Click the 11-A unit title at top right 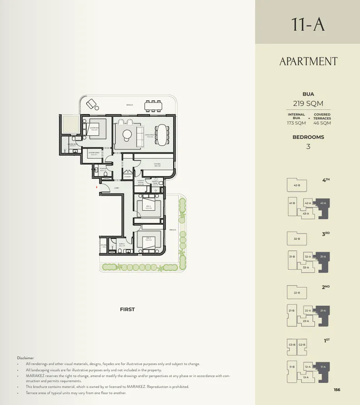(x=308, y=24)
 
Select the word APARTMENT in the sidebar (x=308, y=62)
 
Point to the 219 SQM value (x=308, y=103)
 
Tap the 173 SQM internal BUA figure (x=297, y=123)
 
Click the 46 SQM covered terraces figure (x=322, y=123)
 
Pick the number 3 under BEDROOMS (x=308, y=146)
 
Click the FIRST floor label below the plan (x=127, y=309)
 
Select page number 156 (x=336, y=390)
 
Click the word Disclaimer (x=25, y=358)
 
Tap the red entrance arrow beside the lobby (x=96, y=187)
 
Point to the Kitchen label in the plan (x=157, y=165)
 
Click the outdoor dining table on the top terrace (x=153, y=106)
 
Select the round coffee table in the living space (x=127, y=134)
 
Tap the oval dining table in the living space (x=162, y=135)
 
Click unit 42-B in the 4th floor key (x=297, y=186)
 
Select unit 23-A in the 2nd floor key (x=306, y=321)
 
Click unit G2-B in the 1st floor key (x=302, y=345)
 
